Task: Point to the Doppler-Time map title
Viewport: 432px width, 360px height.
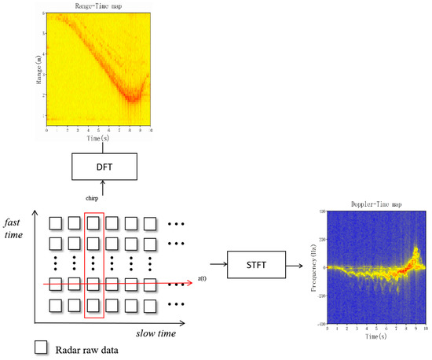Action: click(375, 206)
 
